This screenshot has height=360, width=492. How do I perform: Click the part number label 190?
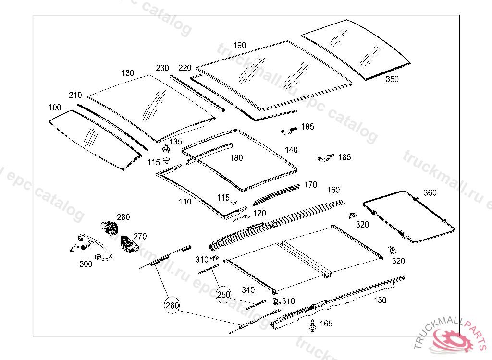coord(240,45)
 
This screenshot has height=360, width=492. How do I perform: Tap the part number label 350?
coord(392,80)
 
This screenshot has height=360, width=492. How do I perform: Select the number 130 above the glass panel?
coord(128,73)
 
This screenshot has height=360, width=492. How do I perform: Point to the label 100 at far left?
coord(55,108)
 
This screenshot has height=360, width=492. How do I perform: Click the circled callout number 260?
coord(172,306)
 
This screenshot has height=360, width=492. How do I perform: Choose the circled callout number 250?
coord(223,294)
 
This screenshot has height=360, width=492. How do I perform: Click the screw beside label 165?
coord(312,325)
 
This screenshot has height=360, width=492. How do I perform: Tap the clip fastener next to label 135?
coord(166,147)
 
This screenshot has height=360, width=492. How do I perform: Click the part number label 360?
coord(430,193)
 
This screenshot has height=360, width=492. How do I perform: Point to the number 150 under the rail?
coord(380,300)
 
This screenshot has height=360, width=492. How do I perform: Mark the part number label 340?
coord(248,290)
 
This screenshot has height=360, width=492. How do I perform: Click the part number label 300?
coord(86,264)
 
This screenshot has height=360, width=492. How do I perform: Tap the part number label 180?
coord(236,158)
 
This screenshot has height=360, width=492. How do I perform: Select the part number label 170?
coord(310,185)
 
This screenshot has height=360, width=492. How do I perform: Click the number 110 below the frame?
coord(185,202)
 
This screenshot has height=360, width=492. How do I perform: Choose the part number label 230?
coord(162,68)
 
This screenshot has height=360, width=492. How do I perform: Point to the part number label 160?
coord(333,190)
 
